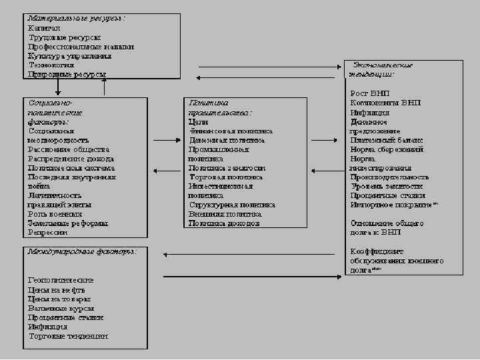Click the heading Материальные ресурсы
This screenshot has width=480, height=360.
tap(76, 18)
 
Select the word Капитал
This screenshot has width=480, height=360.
tap(44, 28)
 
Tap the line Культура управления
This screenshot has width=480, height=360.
tap(69, 56)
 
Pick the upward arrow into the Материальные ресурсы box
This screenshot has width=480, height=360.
tap(104, 87)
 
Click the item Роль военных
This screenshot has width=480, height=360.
tap(55, 214)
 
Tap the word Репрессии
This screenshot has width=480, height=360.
tap(48, 233)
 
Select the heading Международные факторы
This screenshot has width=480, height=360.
tap(82, 252)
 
